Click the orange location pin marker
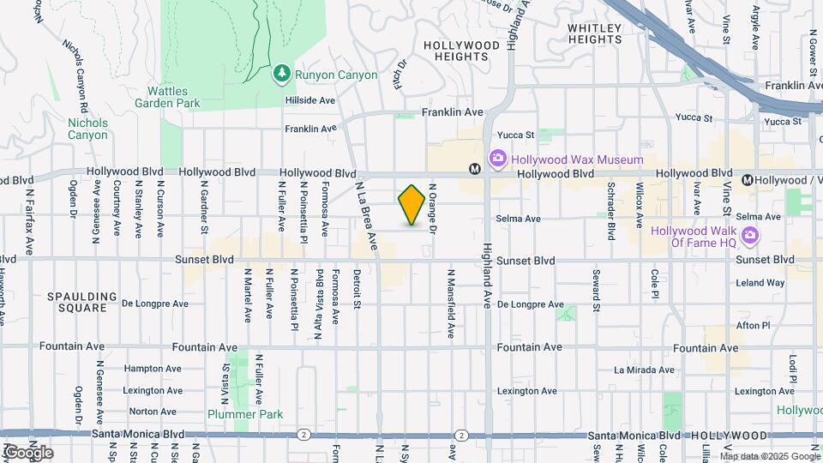411,205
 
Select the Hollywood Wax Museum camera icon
497,159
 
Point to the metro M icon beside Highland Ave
474,170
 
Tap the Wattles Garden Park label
167,97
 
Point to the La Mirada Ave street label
644,370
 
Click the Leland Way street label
760,283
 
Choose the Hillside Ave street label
309,100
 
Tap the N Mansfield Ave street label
449,301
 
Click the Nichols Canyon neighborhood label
88,129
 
